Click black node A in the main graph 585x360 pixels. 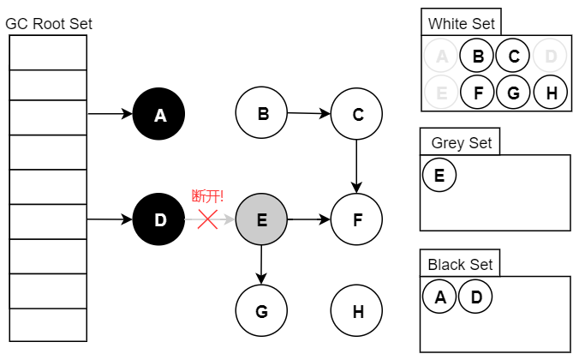pos(159,114)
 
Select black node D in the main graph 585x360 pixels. pos(159,219)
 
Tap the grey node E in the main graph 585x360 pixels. pos(261,219)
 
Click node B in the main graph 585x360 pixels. pos(261,113)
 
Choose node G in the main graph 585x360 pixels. pos(261,310)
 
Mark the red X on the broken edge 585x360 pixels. pos(207,219)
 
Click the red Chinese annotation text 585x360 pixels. pos(207,196)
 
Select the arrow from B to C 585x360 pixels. pos(308,113)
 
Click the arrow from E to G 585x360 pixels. pos(261,265)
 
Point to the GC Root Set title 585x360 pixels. pos(49,23)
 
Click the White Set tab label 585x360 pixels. pos(461,23)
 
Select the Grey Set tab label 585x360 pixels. pos(461,142)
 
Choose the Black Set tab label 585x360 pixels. pos(460,264)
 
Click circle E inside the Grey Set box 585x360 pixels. pos(439,176)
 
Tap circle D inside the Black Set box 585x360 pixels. pos(475,297)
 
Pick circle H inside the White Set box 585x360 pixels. pos(551,93)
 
